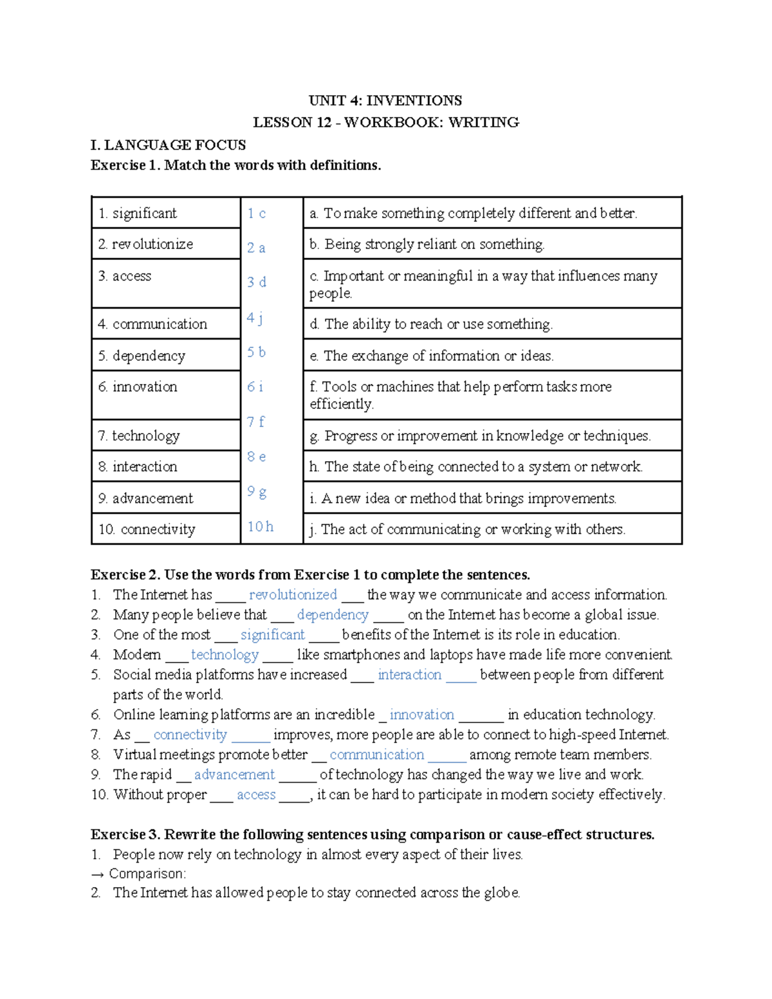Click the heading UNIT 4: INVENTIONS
[x=385, y=100]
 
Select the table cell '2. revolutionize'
[x=145, y=244]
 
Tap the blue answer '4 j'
[x=255, y=317]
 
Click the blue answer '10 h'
[x=261, y=527]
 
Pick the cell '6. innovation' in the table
[x=138, y=387]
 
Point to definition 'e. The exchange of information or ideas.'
[x=431, y=356]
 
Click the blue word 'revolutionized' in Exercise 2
[x=293, y=595]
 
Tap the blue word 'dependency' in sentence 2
[x=333, y=615]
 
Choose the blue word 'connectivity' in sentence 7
[x=190, y=735]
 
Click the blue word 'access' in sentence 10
[x=256, y=794]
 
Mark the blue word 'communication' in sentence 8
[x=377, y=755]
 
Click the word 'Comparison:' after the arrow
[x=147, y=874]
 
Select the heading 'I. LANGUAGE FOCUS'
[x=168, y=145]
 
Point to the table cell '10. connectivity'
[x=147, y=529]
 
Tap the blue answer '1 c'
[x=256, y=214]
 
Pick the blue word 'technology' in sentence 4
[x=225, y=655]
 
